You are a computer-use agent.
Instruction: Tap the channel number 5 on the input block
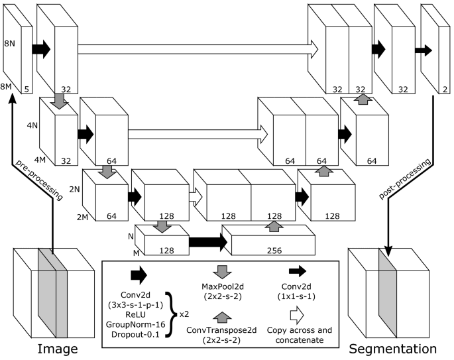pyautogui.click(x=26, y=86)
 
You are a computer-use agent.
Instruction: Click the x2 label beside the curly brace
pyautogui.click(x=185, y=306)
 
